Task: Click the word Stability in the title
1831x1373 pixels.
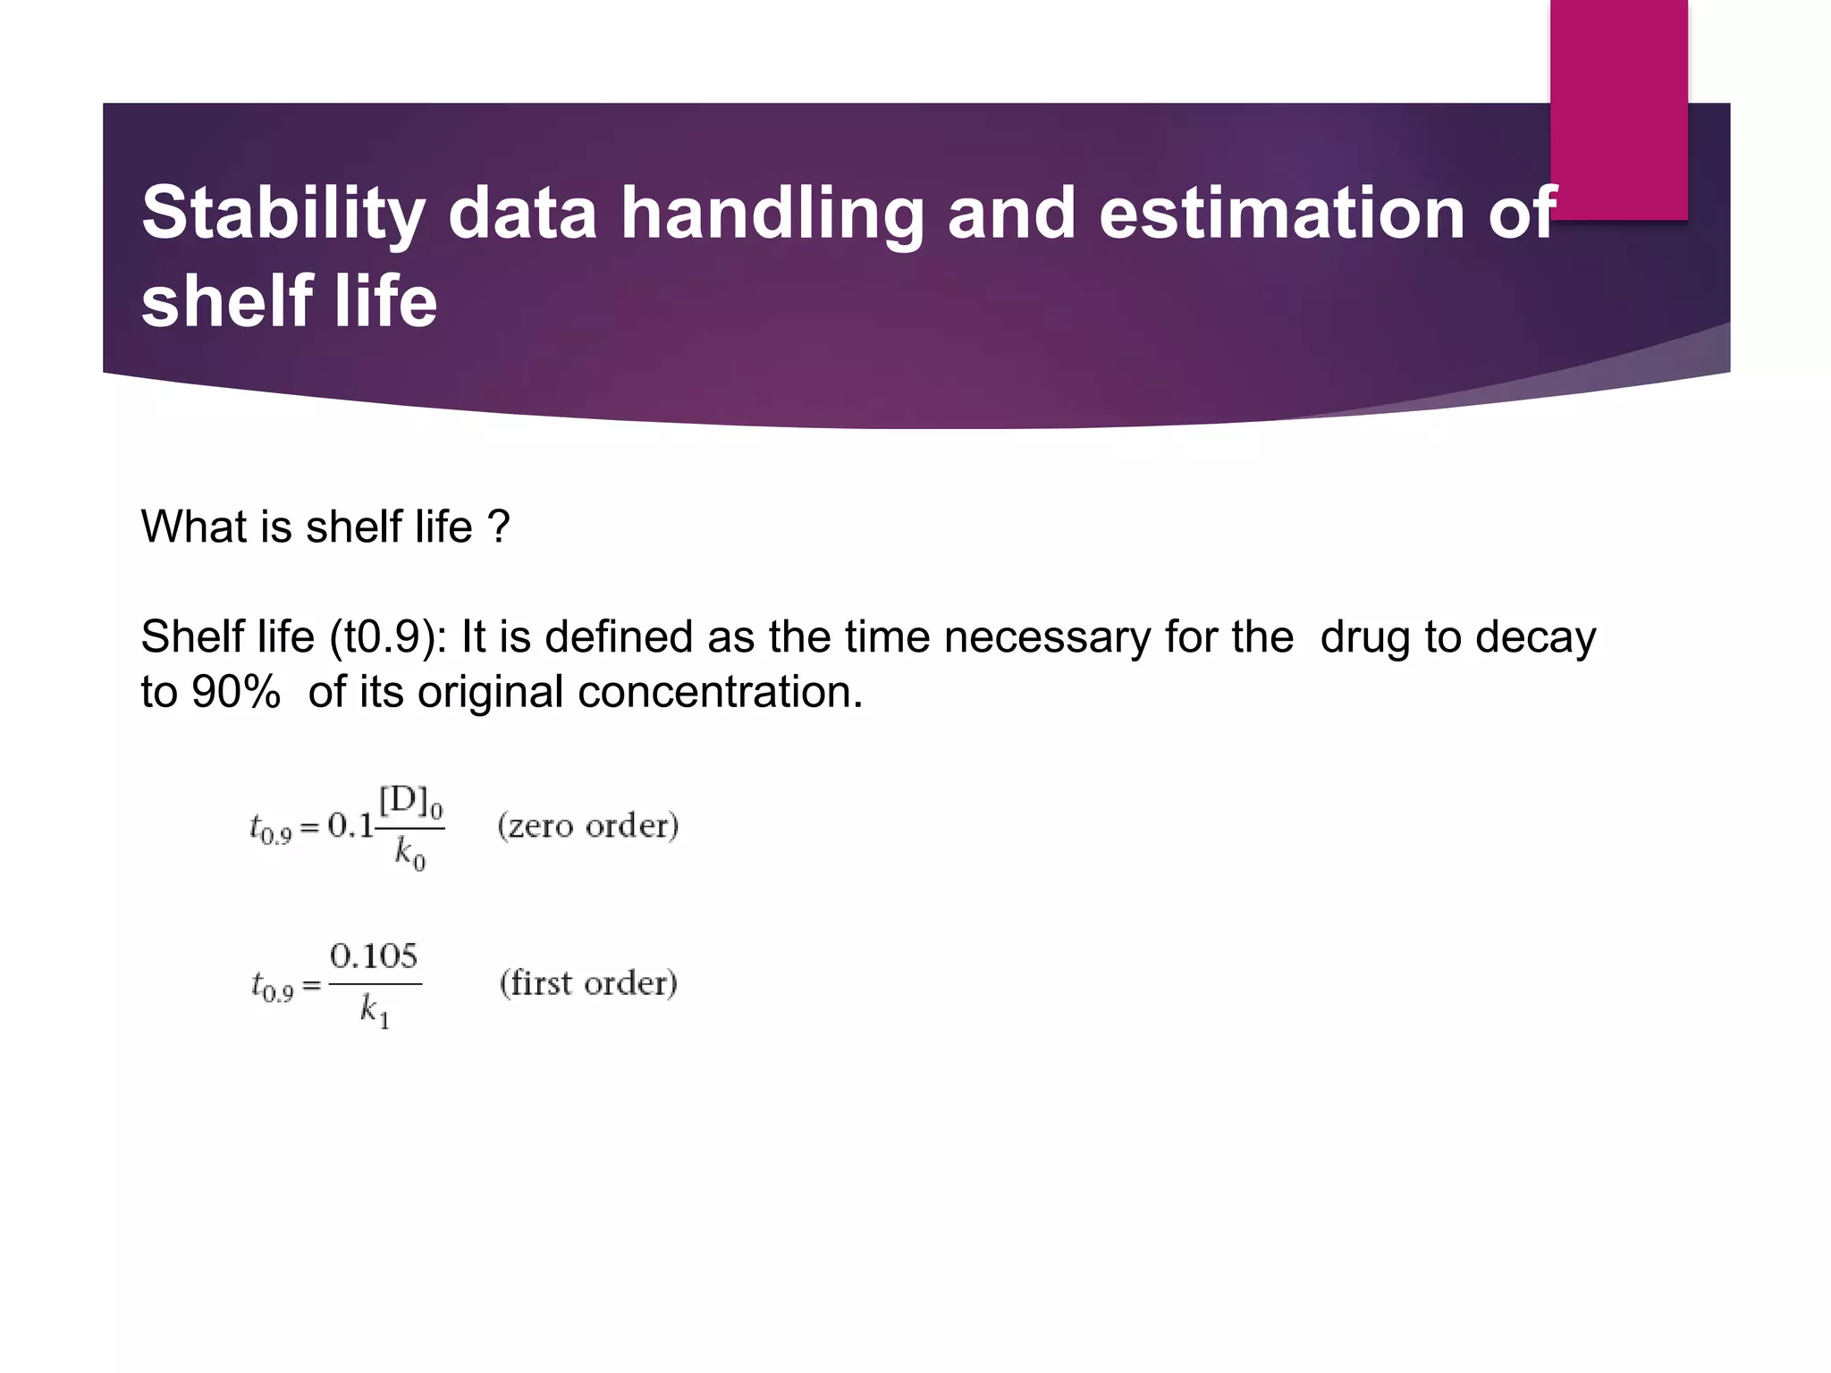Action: tap(283, 215)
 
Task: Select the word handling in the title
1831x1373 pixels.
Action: tap(772, 215)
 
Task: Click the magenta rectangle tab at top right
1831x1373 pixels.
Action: tap(1618, 107)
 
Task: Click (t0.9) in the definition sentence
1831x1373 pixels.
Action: tap(388, 637)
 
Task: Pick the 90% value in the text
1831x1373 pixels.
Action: tap(235, 692)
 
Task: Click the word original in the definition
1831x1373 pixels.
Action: tap(490, 692)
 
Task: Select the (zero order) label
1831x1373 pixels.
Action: tap(588, 825)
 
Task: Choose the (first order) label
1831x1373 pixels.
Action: tap(588, 983)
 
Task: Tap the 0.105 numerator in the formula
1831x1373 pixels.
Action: tap(374, 956)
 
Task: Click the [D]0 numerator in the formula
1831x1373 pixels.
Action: tap(410, 802)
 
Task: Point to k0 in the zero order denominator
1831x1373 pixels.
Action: tap(409, 854)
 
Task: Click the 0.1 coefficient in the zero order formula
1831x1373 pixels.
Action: tap(350, 825)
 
